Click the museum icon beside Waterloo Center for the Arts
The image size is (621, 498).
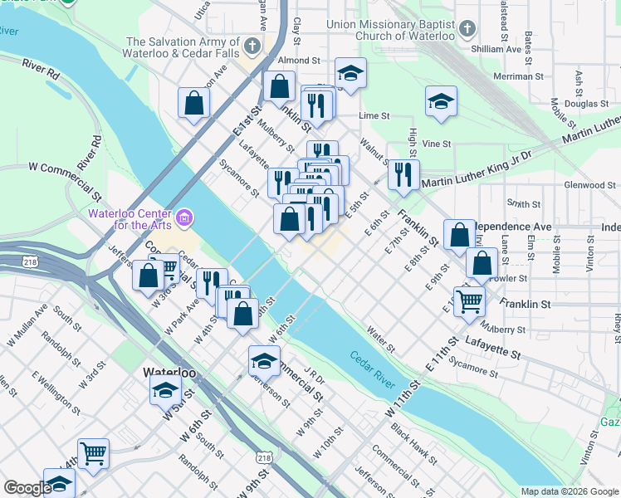click(x=184, y=219)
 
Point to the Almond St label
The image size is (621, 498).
click(x=299, y=61)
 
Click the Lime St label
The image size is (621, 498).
click(x=374, y=116)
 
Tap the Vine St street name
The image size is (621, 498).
click(x=437, y=144)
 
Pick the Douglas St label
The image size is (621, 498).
click(x=587, y=104)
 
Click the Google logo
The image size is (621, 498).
click(x=27, y=488)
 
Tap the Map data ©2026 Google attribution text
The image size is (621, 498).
click(x=569, y=491)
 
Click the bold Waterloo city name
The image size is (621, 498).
click(x=172, y=372)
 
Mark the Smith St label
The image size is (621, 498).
click(x=524, y=203)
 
